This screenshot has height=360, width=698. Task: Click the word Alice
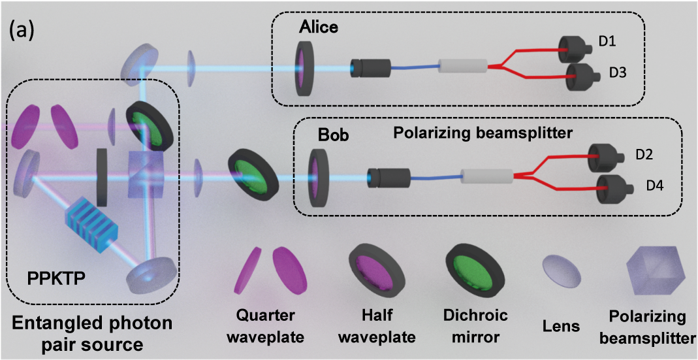(x=320, y=28)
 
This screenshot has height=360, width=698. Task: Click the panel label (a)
(x=21, y=33)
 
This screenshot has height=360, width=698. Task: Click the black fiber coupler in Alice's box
(x=370, y=68)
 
